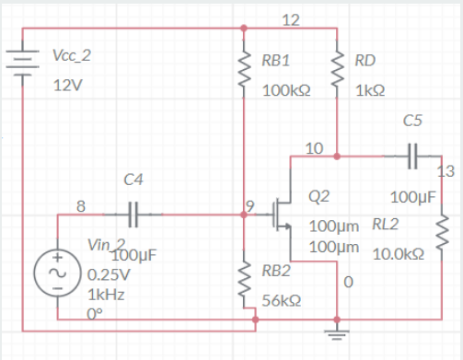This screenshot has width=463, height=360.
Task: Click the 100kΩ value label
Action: tap(285, 92)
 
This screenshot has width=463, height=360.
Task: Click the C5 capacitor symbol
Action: tap(412, 157)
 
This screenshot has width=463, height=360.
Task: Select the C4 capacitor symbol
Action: tap(131, 214)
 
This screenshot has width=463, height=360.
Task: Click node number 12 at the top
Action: tap(290, 20)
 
